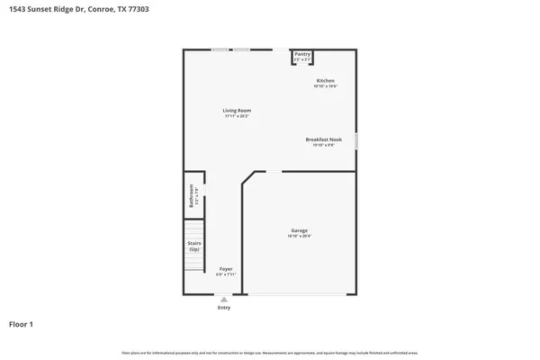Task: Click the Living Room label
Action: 237,111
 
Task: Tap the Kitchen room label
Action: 325,80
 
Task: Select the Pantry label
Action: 302,54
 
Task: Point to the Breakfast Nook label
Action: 324,139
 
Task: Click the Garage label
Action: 299,230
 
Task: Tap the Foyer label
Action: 225,269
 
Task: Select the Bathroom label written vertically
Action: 191,195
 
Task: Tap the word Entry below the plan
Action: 224,308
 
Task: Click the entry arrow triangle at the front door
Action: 224,299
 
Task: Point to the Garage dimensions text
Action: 299,237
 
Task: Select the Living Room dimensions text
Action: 237,117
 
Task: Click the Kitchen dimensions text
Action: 325,86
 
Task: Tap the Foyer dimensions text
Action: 225,275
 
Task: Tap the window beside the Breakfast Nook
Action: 356,141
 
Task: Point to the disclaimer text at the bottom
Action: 270,352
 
